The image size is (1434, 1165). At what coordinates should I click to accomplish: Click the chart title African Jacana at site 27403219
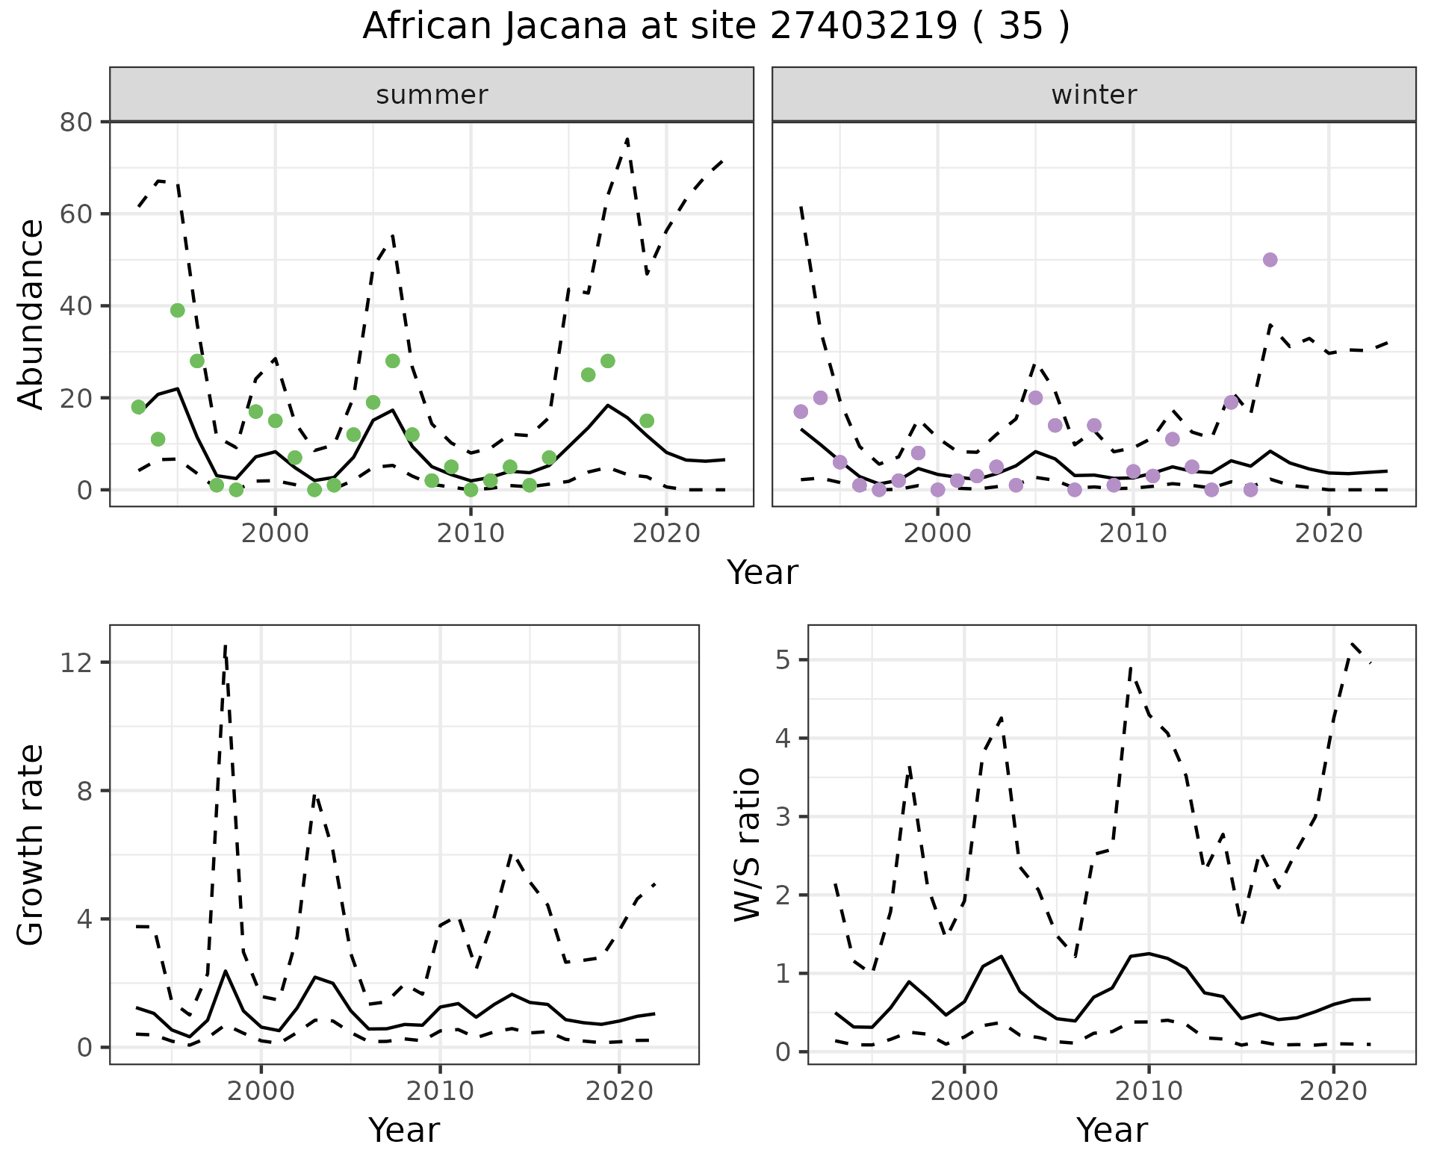tap(716, 26)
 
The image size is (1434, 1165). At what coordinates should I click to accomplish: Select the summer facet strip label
tap(432, 95)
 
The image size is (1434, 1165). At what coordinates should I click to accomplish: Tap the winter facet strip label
tap(1093, 95)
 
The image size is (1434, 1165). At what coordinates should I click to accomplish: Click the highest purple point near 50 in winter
tap(1270, 260)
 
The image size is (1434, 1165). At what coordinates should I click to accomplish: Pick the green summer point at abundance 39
tap(178, 311)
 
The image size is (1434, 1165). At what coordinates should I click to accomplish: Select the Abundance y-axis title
tap(31, 314)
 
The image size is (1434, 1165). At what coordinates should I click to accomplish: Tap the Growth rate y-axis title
tap(31, 844)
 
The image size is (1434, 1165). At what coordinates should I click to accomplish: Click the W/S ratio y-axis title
tap(747, 844)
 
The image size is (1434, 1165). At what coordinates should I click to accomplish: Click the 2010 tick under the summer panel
tap(471, 533)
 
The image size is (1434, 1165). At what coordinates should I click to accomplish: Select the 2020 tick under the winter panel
tap(1329, 533)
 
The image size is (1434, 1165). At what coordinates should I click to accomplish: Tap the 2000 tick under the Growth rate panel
tap(261, 1091)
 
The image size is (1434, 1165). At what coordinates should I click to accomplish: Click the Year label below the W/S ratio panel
tap(1111, 1130)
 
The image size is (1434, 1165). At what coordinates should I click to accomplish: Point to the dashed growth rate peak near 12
tap(225, 645)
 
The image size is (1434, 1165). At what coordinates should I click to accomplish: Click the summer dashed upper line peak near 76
tap(627, 139)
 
